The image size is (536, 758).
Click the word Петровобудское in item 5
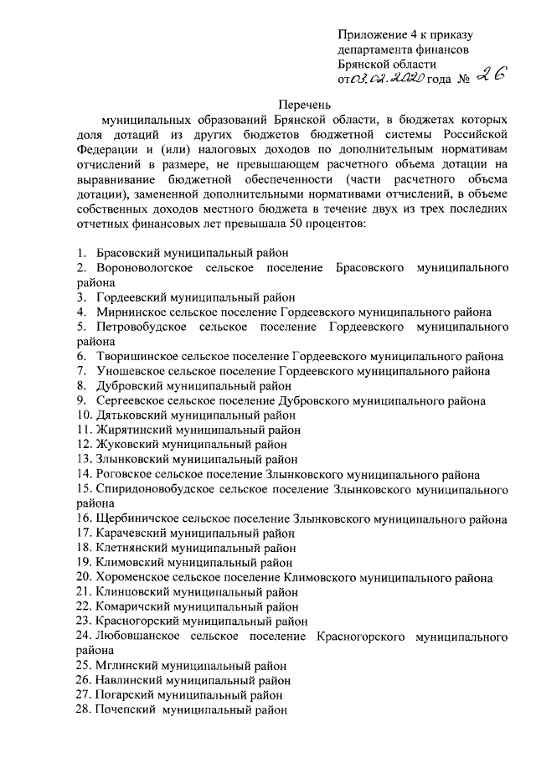[x=141, y=327]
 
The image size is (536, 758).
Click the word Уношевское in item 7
[x=130, y=371]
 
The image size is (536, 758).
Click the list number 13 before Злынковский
[x=83, y=460]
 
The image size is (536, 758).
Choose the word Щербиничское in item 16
[x=138, y=518]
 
